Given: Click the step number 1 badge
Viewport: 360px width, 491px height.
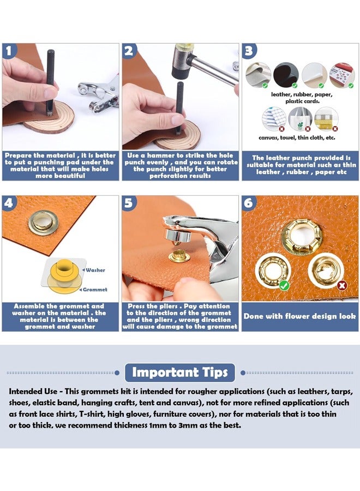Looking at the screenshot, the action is click(x=9, y=50).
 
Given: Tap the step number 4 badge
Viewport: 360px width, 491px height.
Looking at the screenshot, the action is click(x=9, y=202).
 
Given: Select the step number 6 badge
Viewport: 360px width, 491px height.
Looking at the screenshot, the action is click(x=249, y=202).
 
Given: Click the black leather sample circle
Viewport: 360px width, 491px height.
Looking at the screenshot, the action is click(x=285, y=75).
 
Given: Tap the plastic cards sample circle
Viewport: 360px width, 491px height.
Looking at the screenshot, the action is click(x=342, y=75).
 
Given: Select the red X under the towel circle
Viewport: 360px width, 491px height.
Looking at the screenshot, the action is click(x=308, y=129).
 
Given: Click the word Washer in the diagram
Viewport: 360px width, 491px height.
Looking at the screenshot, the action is click(x=95, y=270).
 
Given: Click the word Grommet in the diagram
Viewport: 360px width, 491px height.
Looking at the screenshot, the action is click(x=95, y=290).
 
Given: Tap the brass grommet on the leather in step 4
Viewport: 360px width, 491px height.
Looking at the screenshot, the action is click(x=44, y=223).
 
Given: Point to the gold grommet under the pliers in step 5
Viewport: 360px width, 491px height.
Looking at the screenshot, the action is click(x=179, y=256).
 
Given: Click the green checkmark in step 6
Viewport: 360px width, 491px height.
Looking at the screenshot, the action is click(x=284, y=285).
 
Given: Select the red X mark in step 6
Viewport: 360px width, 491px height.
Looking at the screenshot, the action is click(x=342, y=285).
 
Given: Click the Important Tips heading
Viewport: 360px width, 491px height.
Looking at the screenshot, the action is click(x=179, y=372).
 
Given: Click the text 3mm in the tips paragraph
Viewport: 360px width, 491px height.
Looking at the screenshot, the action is click(x=187, y=425).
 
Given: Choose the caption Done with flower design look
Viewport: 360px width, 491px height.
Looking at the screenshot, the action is click(x=299, y=316).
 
